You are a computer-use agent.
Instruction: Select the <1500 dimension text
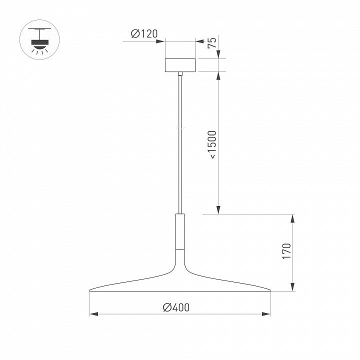point(212,144)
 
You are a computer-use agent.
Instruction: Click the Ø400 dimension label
point(176,307)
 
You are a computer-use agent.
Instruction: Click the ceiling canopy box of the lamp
point(180,65)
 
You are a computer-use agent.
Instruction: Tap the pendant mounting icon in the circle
point(38,41)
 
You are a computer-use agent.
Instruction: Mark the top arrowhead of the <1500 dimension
point(218,74)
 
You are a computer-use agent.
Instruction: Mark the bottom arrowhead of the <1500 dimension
point(218,211)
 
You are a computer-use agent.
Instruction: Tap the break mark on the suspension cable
point(180,128)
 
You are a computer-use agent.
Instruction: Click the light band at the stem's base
point(180,248)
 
